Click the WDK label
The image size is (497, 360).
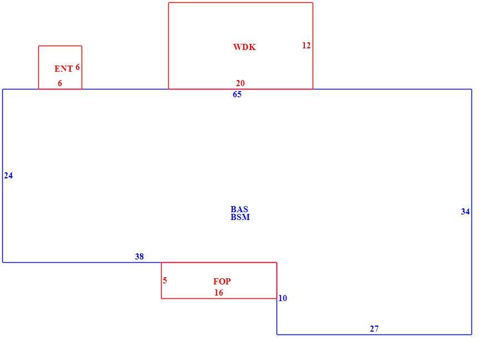[x=244, y=47]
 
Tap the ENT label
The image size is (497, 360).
[x=64, y=68]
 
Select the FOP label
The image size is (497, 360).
[x=222, y=281]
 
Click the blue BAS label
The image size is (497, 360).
[x=239, y=209]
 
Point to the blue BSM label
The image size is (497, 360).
[x=240, y=217]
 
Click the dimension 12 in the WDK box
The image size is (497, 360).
[x=306, y=46]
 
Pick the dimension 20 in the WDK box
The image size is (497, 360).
[x=240, y=83]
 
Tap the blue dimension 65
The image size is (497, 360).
[x=237, y=94]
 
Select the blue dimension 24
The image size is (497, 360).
[x=8, y=176]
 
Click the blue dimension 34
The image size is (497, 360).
[x=465, y=212]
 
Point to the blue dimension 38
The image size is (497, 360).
[x=139, y=256]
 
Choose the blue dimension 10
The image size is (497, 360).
[x=283, y=298]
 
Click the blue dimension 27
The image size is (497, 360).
[x=374, y=328]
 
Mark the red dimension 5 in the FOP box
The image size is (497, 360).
[x=165, y=281]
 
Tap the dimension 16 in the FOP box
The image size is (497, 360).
[x=219, y=292]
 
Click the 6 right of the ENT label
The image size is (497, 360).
[x=78, y=67]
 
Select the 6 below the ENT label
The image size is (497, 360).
[x=60, y=83]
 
